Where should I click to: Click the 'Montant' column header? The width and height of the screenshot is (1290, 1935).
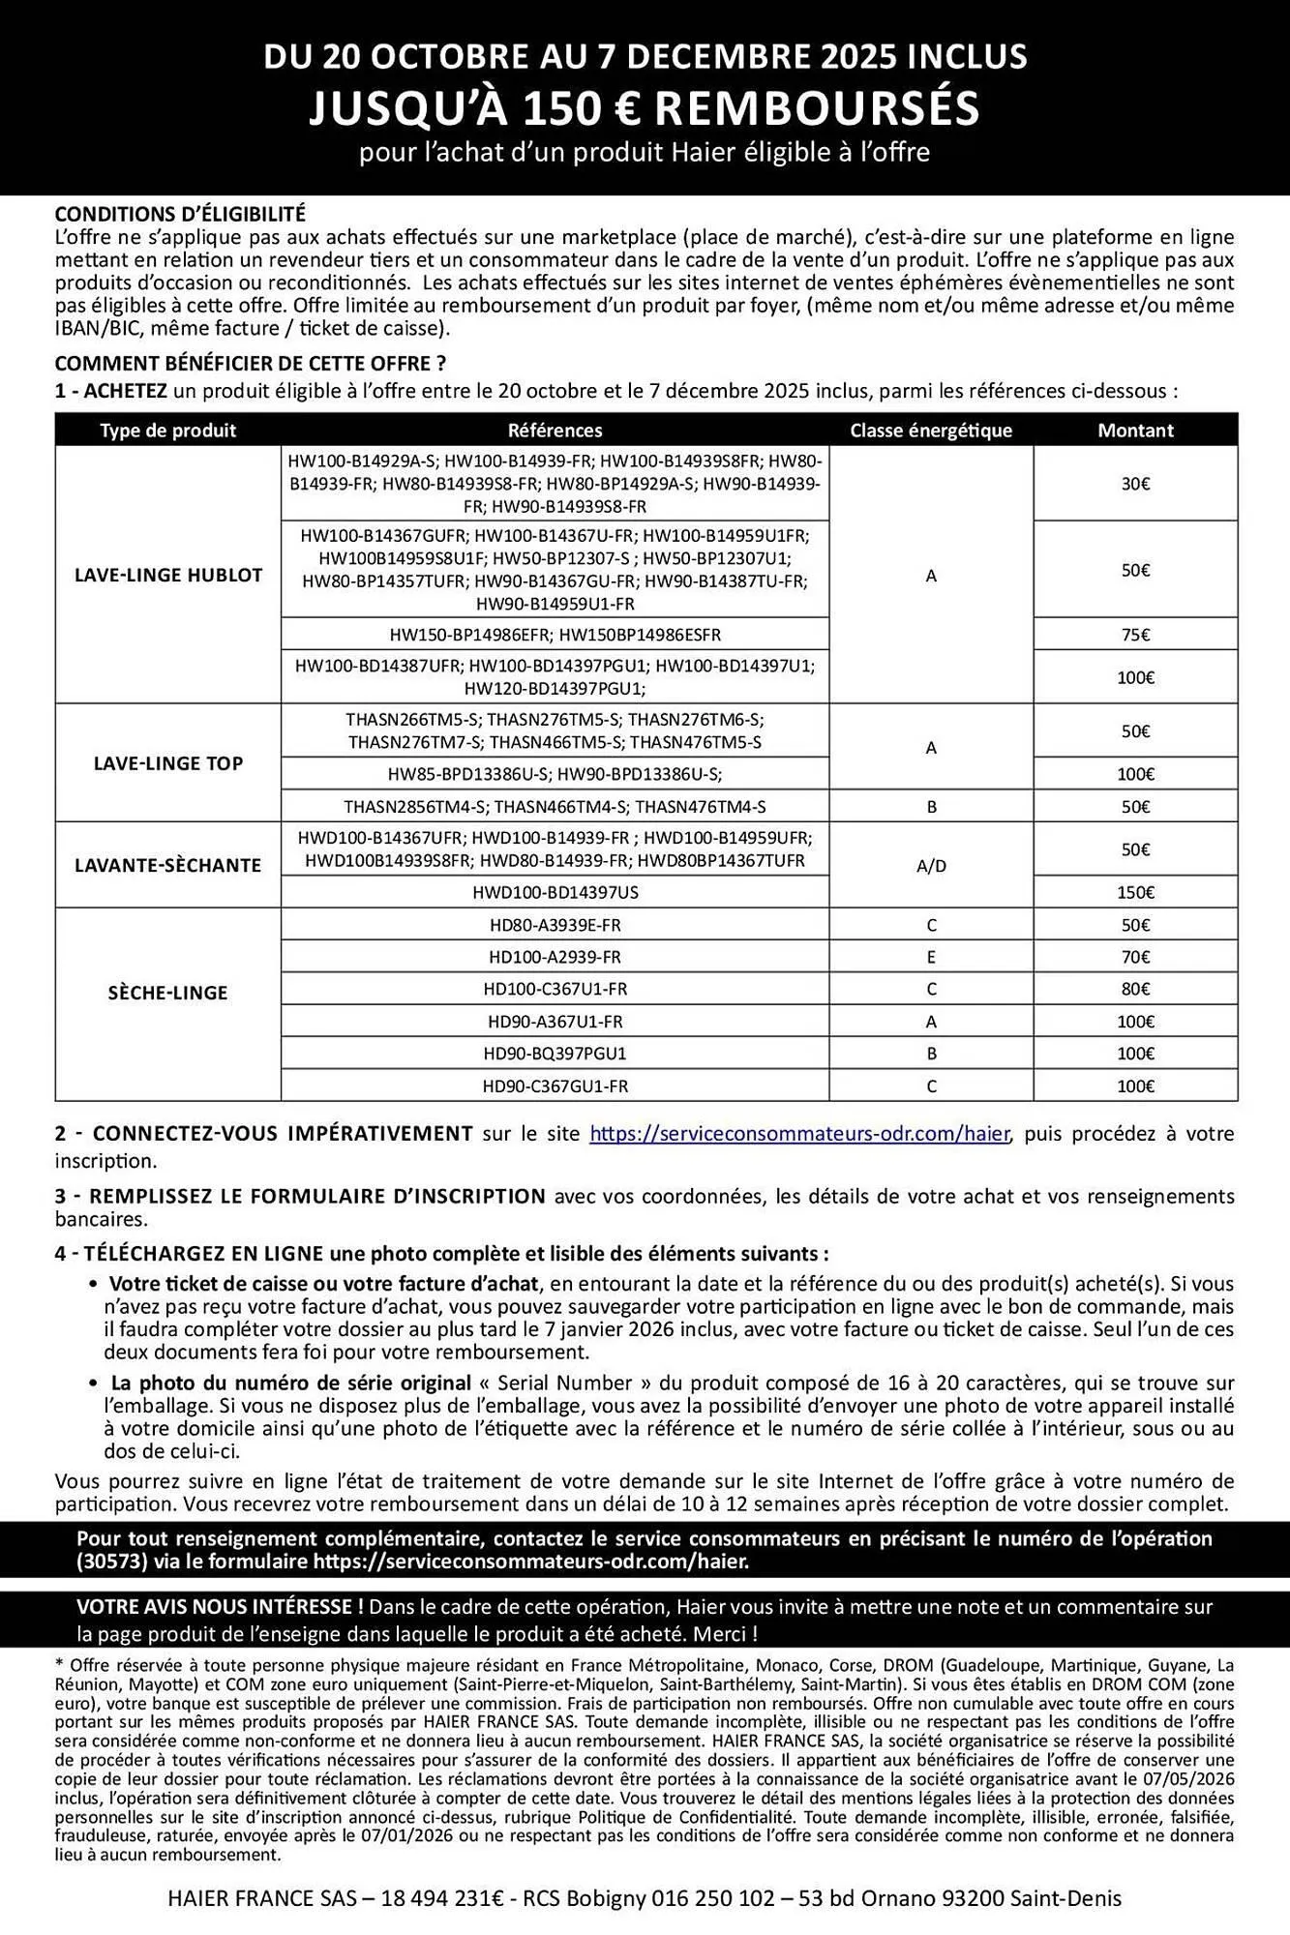click(x=1135, y=431)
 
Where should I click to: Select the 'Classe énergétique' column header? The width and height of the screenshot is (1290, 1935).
click(x=931, y=431)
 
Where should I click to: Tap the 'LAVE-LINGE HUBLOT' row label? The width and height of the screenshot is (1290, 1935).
click(x=168, y=575)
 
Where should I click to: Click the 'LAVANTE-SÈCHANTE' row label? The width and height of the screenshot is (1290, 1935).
click(x=168, y=865)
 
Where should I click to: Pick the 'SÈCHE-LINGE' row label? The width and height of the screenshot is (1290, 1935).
click(x=168, y=993)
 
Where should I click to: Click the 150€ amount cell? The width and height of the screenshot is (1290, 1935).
click(x=1135, y=892)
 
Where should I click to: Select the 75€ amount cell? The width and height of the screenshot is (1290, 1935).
click(x=1135, y=635)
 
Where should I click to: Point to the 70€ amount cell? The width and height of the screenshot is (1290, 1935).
click(x=1135, y=957)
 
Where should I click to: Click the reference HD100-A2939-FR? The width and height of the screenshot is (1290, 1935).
click(x=555, y=957)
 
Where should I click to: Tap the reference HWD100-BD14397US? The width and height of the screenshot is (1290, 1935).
click(x=555, y=892)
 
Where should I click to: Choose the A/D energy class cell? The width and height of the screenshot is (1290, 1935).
click(x=931, y=866)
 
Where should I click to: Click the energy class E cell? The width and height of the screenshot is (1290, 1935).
click(x=931, y=957)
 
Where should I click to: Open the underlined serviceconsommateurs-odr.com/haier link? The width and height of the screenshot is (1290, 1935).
click(x=799, y=1133)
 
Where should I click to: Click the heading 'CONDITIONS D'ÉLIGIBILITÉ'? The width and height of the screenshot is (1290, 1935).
click(x=180, y=214)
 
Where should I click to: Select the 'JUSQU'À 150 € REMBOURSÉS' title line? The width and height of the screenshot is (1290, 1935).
click(x=645, y=107)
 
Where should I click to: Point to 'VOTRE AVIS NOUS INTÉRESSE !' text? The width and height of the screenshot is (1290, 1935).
click(x=220, y=1607)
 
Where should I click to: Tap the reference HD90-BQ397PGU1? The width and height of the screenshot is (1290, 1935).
click(x=555, y=1054)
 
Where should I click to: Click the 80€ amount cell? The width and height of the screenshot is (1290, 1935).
click(x=1135, y=989)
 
